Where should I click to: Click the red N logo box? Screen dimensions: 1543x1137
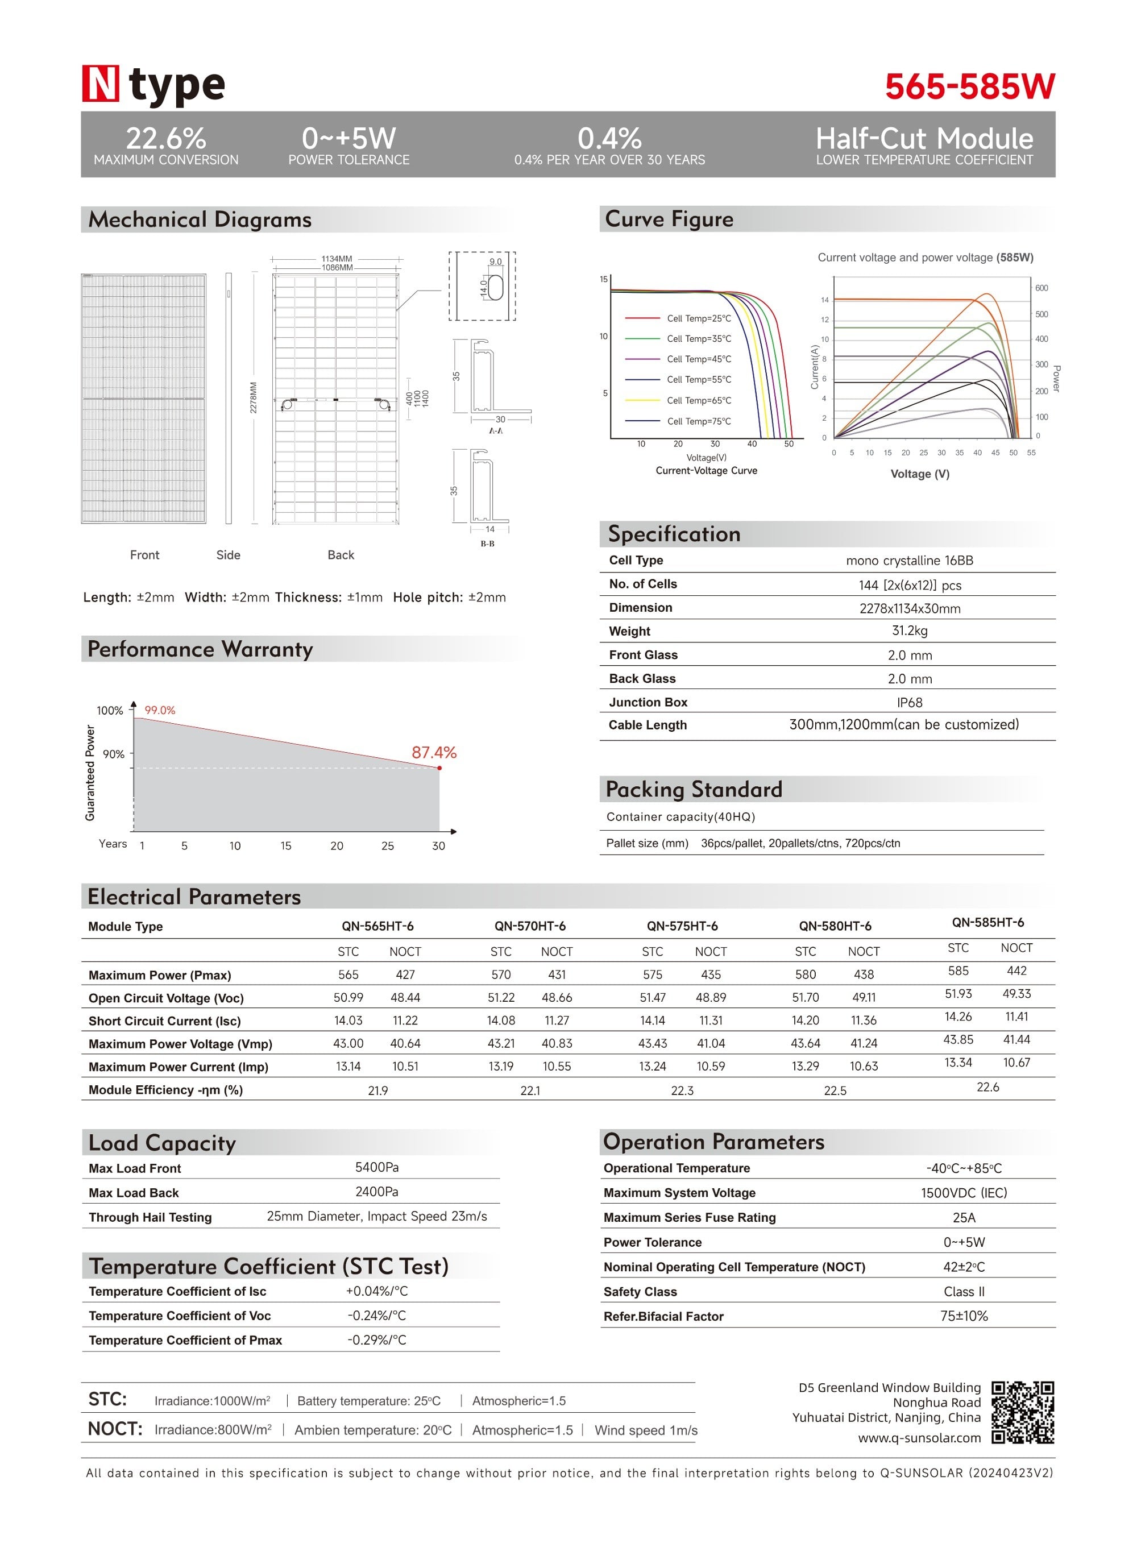pyautogui.click(x=101, y=84)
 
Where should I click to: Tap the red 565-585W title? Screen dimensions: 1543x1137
pyautogui.click(x=969, y=87)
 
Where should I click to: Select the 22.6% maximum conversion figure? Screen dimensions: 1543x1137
pyautogui.click(x=166, y=138)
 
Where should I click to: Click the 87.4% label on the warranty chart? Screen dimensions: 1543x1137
pyautogui.click(x=434, y=752)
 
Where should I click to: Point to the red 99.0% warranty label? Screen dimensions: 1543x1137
pyautogui.click(x=160, y=710)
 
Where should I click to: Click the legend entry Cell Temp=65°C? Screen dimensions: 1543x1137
pyautogui.click(x=699, y=401)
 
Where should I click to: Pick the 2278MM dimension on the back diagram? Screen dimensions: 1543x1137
pyautogui.click(x=254, y=398)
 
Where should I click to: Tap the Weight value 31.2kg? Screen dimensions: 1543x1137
pyautogui.click(x=909, y=631)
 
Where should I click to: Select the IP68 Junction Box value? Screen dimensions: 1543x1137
pyautogui.click(x=909, y=702)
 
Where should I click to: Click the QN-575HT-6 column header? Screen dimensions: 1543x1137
pyautogui.click(x=682, y=926)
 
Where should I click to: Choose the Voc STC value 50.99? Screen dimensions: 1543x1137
pyautogui.click(x=348, y=997)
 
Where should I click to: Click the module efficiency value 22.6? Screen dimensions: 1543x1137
pyautogui.click(x=987, y=1086)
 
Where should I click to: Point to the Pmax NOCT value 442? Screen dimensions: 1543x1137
pyautogui.click(x=1016, y=970)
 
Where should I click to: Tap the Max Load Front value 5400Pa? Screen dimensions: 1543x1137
pyautogui.click(x=376, y=1167)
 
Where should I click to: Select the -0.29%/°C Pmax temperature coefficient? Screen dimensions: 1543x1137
pyautogui.click(x=376, y=1340)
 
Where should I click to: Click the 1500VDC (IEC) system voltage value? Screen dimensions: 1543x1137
pyautogui.click(x=964, y=1193)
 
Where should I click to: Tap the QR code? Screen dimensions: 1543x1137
pyautogui.click(x=1022, y=1412)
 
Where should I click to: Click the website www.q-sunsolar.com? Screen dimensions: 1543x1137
pyautogui.click(x=919, y=1438)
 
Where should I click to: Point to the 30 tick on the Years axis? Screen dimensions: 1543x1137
pyautogui.click(x=438, y=846)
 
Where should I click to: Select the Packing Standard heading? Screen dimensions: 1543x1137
pyautogui.click(x=694, y=789)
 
